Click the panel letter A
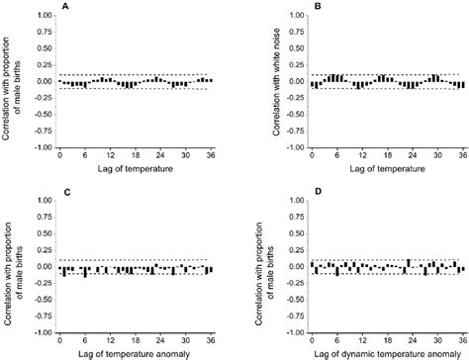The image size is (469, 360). click(x=64, y=6)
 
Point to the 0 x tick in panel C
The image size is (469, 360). click(x=60, y=341)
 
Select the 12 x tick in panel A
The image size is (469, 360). click(x=111, y=156)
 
